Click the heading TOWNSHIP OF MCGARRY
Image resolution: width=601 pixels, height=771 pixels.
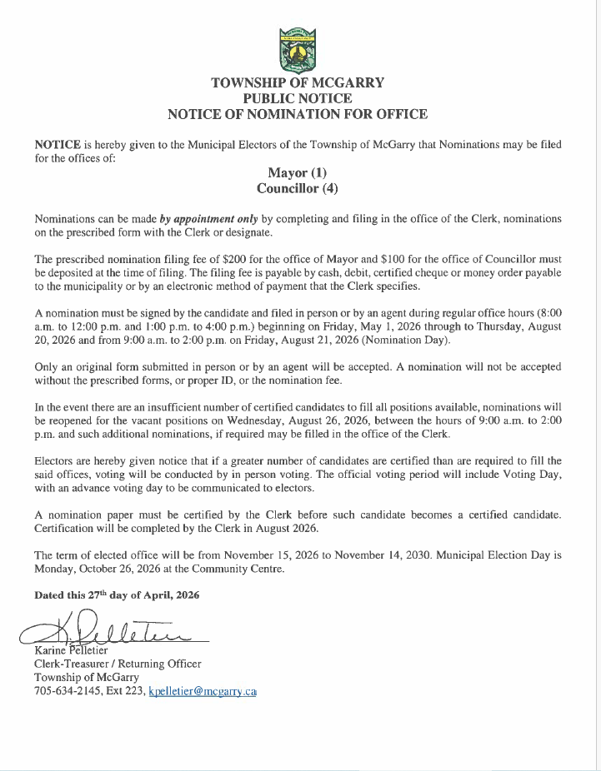click(x=298, y=82)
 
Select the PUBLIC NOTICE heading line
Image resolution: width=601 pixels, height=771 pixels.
click(x=298, y=98)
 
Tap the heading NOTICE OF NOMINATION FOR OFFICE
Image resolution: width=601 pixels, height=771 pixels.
click(x=298, y=114)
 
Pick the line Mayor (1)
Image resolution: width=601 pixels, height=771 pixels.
click(x=298, y=172)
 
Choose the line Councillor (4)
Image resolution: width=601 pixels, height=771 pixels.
click(x=298, y=188)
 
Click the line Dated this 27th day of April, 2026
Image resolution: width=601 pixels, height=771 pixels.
click(x=117, y=595)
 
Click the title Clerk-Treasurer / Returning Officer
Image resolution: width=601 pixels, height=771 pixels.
click(x=118, y=664)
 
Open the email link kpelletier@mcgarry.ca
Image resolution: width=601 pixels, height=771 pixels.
click(x=202, y=692)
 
